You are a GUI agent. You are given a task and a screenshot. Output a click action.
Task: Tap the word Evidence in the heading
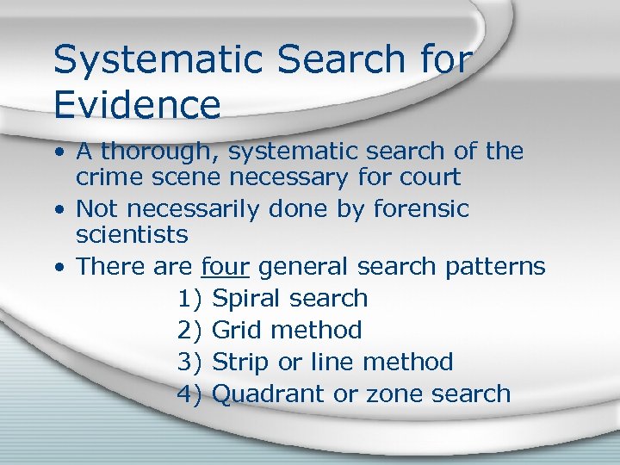(x=137, y=104)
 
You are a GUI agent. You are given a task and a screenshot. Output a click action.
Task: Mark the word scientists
(x=132, y=234)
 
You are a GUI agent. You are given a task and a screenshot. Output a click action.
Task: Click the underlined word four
(x=225, y=267)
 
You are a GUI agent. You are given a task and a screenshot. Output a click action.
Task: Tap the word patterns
(x=495, y=267)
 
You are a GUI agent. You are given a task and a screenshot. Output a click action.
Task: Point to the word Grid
(x=235, y=330)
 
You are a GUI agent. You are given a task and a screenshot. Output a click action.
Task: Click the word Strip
(x=240, y=362)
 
